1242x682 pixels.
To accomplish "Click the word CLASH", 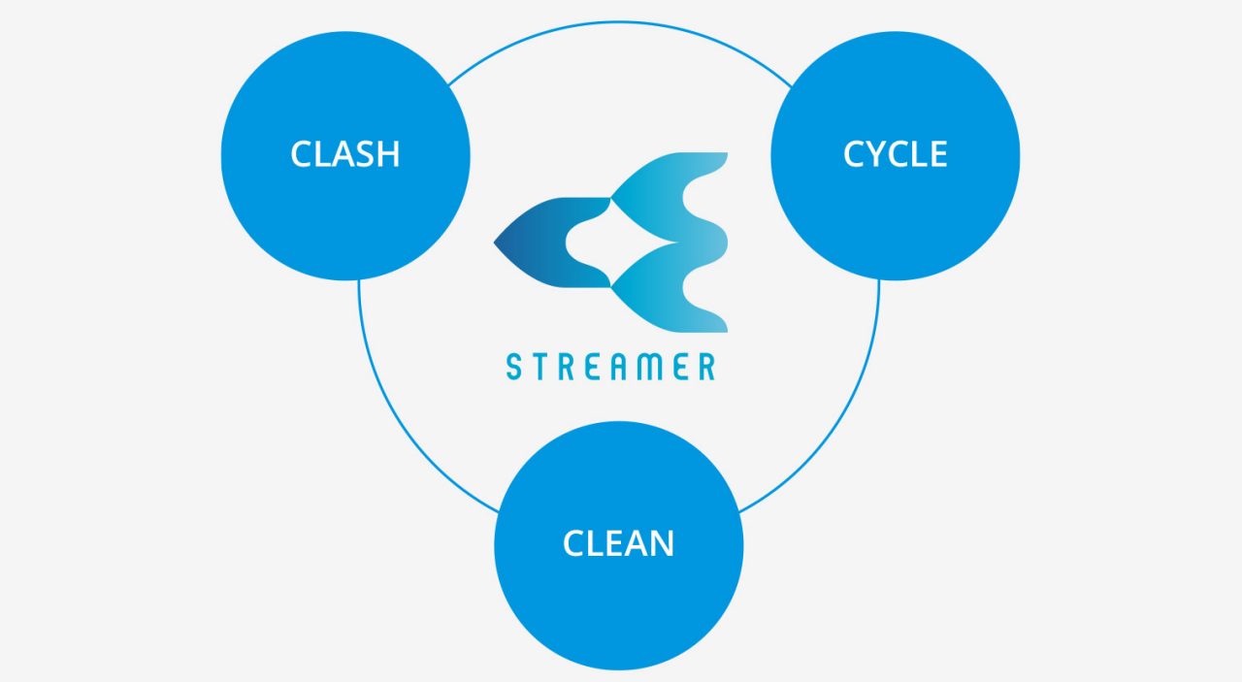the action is pyautogui.click(x=344, y=153).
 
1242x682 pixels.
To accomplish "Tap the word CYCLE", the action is pyautogui.click(x=895, y=153).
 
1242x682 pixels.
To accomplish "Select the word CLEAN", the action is pyautogui.click(x=618, y=543).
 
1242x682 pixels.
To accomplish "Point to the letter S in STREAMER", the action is pyautogui.click(x=514, y=367).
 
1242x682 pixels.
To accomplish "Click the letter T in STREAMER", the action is pyautogui.click(x=540, y=367).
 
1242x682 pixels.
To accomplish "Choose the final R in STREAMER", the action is pyautogui.click(x=706, y=367).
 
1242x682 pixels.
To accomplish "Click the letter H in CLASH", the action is pyautogui.click(x=387, y=153).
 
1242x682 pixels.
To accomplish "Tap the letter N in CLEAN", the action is pyautogui.click(x=662, y=543).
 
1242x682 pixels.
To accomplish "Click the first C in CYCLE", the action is pyautogui.click(x=854, y=153).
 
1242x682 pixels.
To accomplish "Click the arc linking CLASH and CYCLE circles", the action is pyautogui.click(x=619, y=22).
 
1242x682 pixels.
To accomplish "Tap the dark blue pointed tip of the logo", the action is pyautogui.click(x=494, y=243).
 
